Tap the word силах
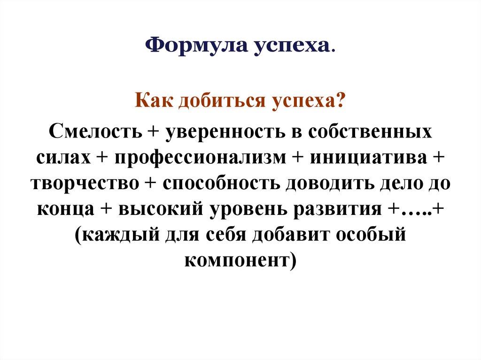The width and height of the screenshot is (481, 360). [x=63, y=157]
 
